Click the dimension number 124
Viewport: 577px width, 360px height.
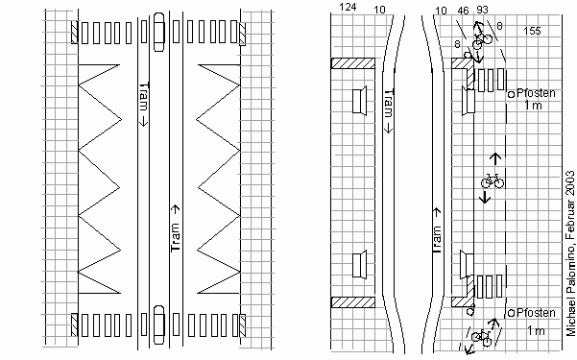click(x=348, y=8)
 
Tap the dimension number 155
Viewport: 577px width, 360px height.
click(x=533, y=31)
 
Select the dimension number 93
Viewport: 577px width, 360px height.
click(x=482, y=10)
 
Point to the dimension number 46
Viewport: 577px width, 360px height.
click(x=464, y=12)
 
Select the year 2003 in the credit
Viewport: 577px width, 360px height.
click(x=570, y=184)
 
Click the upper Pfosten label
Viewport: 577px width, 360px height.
click(x=536, y=93)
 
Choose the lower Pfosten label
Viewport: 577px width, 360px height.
click(x=536, y=313)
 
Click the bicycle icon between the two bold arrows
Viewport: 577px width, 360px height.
click(x=493, y=180)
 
